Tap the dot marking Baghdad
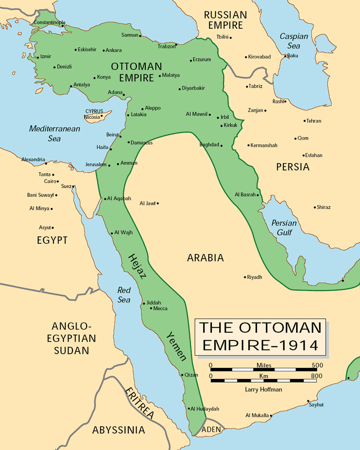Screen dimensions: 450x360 [221, 145]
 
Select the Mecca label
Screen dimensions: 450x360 [160, 308]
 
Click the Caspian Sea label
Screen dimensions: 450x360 [294, 41]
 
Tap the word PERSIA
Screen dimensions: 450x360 [293, 167]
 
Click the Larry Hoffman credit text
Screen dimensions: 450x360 [264, 389]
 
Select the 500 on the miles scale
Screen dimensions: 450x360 [317, 365]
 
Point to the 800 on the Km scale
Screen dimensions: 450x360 [316, 375]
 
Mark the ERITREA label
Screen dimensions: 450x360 [140, 402]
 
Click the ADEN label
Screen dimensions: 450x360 [211, 429]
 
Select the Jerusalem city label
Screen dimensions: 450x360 [95, 165]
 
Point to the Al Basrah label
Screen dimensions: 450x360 [245, 195]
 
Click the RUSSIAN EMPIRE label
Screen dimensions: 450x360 [225, 20]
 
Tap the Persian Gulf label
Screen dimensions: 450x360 [284, 227]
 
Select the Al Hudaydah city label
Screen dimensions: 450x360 [205, 409]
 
